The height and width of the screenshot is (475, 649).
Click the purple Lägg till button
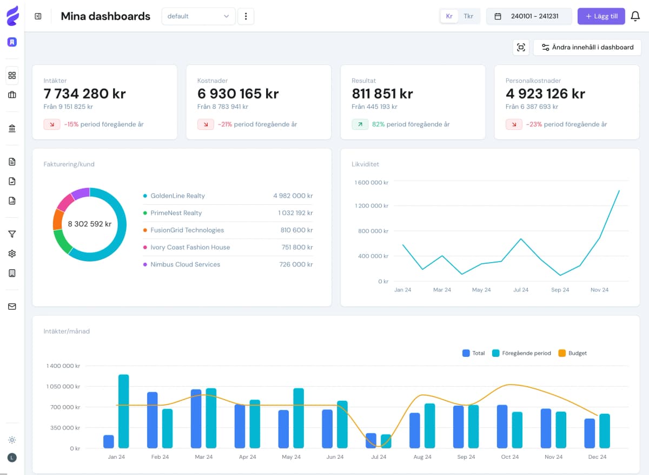pyautogui.click(x=601, y=16)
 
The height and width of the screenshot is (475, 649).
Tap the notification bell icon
pyautogui.click(x=635, y=16)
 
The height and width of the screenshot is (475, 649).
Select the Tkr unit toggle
pyautogui.click(x=468, y=16)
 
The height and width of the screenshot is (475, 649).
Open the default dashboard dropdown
pyautogui.click(x=198, y=16)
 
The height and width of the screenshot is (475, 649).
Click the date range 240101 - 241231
pyautogui.click(x=529, y=16)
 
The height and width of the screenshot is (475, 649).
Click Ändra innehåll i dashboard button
pyautogui.click(x=587, y=47)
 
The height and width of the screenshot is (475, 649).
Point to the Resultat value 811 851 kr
pyautogui.click(x=382, y=94)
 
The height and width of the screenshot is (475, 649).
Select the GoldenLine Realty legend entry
pyautogui.click(x=177, y=196)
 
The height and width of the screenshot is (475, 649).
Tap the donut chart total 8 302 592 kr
pyautogui.click(x=90, y=224)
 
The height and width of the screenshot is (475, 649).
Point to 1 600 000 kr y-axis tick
pyautogui.click(x=371, y=183)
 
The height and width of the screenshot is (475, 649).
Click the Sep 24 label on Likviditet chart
pyautogui.click(x=560, y=290)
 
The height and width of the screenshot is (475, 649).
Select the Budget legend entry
pyautogui.click(x=577, y=353)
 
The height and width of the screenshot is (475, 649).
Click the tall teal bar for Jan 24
pyautogui.click(x=123, y=411)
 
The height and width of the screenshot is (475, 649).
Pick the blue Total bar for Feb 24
pyautogui.click(x=153, y=420)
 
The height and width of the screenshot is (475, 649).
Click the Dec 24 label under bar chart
pyautogui.click(x=597, y=457)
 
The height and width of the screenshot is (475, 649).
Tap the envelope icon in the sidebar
pyautogui.click(x=12, y=307)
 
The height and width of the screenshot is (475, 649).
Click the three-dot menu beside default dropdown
pyautogui.click(x=246, y=16)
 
